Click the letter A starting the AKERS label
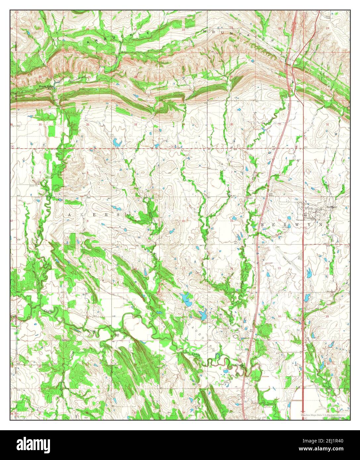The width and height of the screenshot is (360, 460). click(70, 215)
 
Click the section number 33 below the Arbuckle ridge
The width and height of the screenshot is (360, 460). click(135, 124)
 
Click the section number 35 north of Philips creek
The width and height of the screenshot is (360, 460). click(231, 124)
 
